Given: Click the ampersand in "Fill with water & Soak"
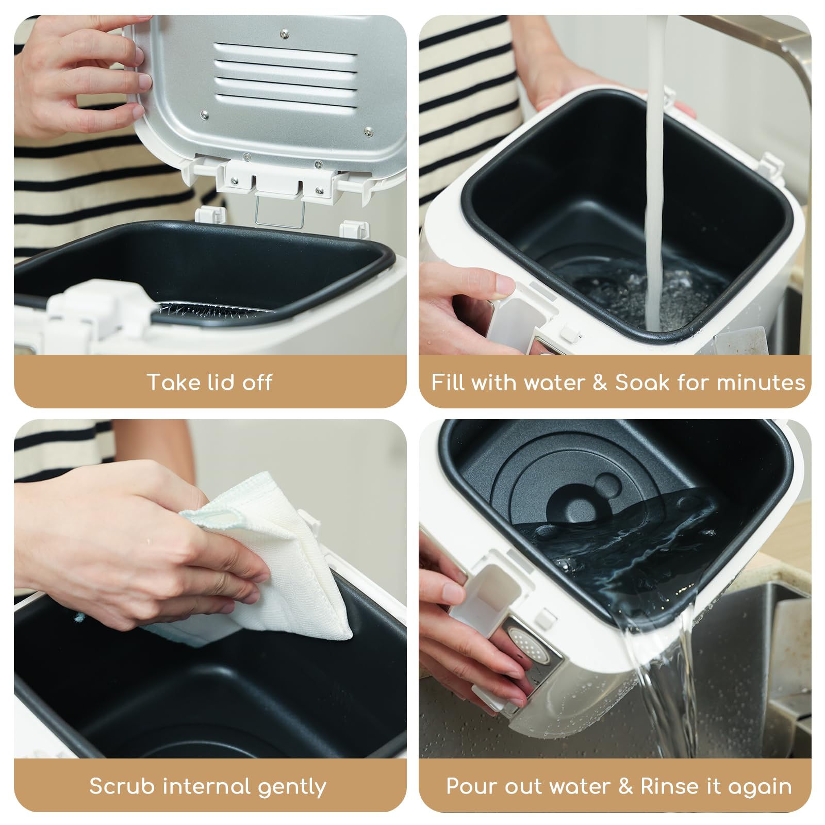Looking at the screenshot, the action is tap(600, 383).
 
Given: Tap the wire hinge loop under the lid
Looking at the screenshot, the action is tap(279, 212).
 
